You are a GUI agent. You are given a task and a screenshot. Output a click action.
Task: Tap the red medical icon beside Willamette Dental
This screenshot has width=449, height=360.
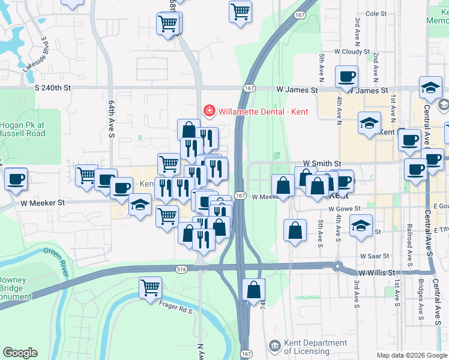(x=209, y=111)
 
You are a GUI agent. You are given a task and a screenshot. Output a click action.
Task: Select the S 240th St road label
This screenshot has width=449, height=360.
(x=53, y=88)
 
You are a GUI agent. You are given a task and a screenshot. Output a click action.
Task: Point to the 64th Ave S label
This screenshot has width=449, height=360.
(x=111, y=119)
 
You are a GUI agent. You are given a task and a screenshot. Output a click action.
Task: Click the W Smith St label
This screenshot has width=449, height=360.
(x=322, y=163)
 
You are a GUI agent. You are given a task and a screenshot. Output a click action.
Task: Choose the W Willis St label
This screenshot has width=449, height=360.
(x=377, y=272)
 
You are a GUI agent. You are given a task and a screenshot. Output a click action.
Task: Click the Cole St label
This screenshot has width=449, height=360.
(x=376, y=13)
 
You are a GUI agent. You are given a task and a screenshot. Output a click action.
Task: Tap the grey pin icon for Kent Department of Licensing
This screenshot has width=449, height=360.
(x=274, y=346)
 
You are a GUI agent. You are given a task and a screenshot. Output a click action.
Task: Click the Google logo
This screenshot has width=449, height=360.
(x=20, y=353)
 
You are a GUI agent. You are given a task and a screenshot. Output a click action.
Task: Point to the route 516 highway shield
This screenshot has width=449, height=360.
(x=181, y=269)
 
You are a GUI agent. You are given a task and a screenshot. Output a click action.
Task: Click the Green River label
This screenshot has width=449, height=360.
(x=53, y=258)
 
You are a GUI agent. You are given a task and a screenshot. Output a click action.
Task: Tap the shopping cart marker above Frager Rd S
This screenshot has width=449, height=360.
(x=149, y=287)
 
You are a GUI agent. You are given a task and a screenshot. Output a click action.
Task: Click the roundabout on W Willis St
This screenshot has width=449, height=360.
(x=338, y=266)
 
